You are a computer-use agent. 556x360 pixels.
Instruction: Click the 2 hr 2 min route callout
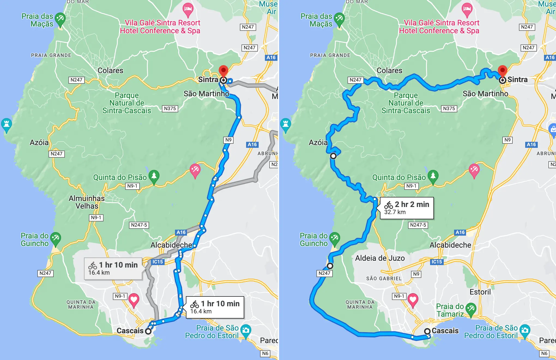pyautogui.click(x=407, y=208)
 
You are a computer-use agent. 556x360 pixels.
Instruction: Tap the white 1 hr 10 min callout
pyautogui.click(x=215, y=307)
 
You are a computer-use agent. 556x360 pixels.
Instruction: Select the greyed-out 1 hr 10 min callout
pyautogui.click(x=113, y=268)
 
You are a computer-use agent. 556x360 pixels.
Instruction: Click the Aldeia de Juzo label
pyautogui.click(x=380, y=258)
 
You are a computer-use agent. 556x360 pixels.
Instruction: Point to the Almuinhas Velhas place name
pyautogui.click(x=87, y=202)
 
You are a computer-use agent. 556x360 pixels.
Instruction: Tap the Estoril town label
pyautogui.click(x=480, y=292)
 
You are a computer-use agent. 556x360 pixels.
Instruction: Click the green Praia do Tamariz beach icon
pyautogui.click(x=471, y=309)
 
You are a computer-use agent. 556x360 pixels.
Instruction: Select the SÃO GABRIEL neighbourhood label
pyautogui.click(x=384, y=278)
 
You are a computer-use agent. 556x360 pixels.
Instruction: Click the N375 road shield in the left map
pyautogui.click(x=170, y=109)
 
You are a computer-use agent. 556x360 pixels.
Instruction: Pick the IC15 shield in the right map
pyautogui.click(x=437, y=262)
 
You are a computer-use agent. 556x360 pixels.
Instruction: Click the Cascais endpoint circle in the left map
pyautogui.click(x=148, y=331)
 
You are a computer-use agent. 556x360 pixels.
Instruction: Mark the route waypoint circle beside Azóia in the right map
pyautogui.click(x=333, y=156)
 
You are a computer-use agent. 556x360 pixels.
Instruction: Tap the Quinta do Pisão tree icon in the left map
pyautogui.click(x=154, y=176)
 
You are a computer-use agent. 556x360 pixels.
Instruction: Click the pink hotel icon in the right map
pyautogui.click(x=467, y=9)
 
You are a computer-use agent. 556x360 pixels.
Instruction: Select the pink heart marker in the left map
pyautogui.click(x=134, y=300)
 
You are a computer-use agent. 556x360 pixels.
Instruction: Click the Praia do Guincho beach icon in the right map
pyautogui.click(x=334, y=238)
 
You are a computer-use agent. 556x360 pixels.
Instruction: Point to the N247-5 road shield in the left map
pyautogui.click(x=139, y=225)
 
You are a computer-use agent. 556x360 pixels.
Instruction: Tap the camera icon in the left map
pyautogui.click(x=246, y=331)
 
